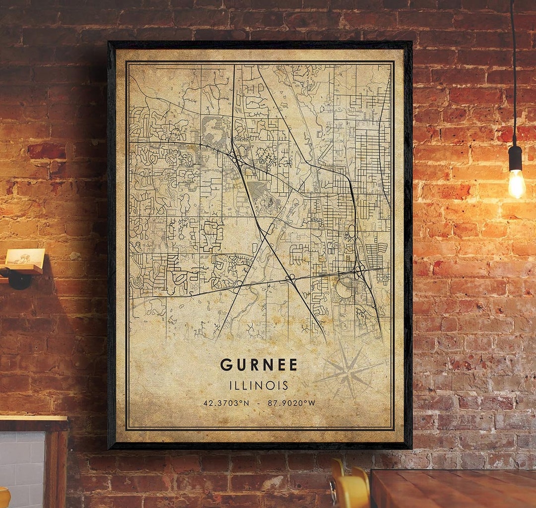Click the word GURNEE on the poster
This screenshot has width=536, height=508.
tap(259, 365)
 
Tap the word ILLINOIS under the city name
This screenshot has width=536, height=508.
tap(259, 385)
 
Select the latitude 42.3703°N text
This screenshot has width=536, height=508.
tap(226, 403)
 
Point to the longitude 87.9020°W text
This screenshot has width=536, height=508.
tap(291, 403)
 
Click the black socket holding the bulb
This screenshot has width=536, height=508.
tap(515, 158)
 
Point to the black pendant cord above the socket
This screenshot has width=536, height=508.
tap(513, 74)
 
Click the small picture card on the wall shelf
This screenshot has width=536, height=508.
tap(25, 257)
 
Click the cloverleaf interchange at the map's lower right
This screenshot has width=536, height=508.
tap(358, 270)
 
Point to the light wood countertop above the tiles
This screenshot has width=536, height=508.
tap(33, 418)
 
